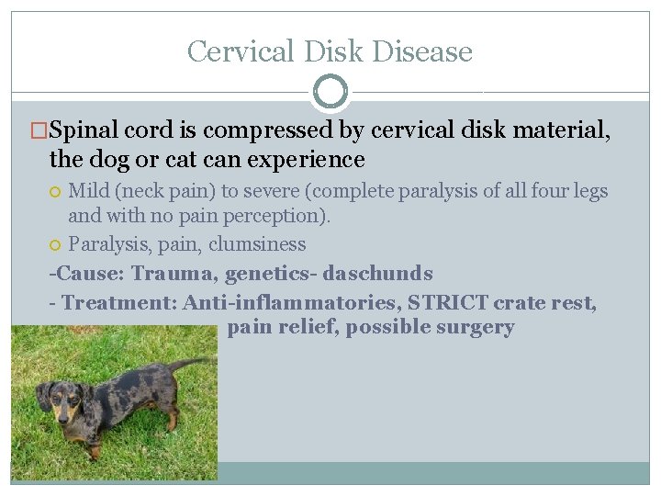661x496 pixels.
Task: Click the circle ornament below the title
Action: (x=330, y=91)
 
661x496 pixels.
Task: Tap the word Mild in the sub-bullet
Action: (x=89, y=192)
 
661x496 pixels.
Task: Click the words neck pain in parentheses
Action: (x=174, y=192)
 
